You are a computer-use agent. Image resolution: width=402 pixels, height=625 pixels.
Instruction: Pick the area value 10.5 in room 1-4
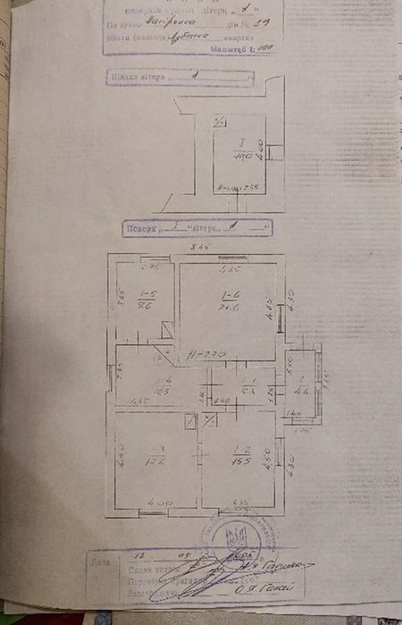[x=161, y=391]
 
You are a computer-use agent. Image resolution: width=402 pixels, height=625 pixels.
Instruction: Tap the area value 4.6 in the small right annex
[x=301, y=390]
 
